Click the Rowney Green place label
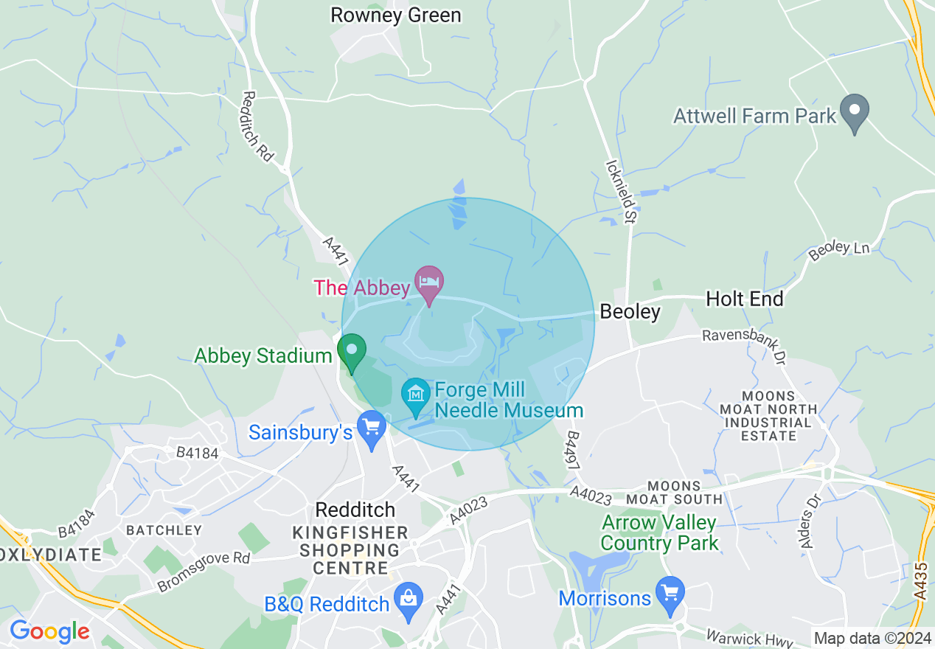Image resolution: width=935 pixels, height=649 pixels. pos(395,15)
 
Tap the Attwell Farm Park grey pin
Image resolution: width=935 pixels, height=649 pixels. pos(855,112)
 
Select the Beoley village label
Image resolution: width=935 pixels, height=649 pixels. pos(630,312)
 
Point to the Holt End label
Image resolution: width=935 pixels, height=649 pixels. pos(745,299)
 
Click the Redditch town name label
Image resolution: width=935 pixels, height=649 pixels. pos(355,510)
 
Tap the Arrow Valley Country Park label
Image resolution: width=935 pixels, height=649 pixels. pos(658,533)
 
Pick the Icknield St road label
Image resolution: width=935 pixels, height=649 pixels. pos(620,192)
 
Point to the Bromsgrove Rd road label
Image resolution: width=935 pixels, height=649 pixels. pos(204,571)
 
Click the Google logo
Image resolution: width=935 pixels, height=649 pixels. pos(49,632)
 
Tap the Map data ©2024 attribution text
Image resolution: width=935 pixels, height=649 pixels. pos(872,638)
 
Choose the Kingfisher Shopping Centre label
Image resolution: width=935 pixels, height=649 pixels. pos(350,550)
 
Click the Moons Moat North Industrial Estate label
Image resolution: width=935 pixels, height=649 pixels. pos(770,416)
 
